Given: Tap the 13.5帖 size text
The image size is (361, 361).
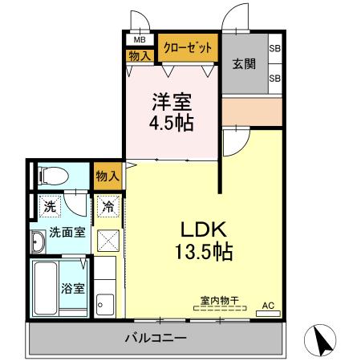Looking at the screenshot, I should [204, 253].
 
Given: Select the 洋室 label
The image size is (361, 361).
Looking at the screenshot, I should [170, 103].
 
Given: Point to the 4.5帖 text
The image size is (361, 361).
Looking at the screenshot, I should [170, 124].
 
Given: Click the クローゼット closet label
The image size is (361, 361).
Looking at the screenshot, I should [189, 47].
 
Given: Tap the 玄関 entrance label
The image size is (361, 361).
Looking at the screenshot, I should [244, 64].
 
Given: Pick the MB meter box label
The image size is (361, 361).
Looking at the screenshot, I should [140, 39].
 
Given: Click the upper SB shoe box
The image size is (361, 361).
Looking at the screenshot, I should [274, 48].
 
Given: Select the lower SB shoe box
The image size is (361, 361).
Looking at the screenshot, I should [274, 78].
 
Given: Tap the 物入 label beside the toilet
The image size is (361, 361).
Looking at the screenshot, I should [107, 176].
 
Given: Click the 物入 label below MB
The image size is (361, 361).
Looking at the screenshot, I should [140, 55].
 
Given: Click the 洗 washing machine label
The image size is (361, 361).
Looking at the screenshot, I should [49, 206].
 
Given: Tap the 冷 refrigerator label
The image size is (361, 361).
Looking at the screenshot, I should [107, 206].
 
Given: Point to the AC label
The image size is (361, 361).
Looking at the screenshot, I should [269, 306].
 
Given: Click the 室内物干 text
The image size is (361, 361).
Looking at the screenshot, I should [219, 302].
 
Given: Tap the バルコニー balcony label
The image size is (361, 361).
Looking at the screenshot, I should [156, 338].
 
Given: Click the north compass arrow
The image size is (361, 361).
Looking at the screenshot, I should [324, 343].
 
